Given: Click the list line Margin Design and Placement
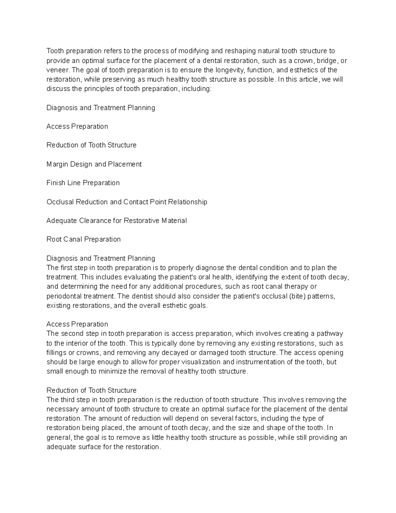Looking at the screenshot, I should [94, 164].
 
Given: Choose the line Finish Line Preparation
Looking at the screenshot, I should [83, 183].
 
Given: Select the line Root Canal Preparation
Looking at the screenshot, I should [83, 239].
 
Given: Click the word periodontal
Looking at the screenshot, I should [63, 296].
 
